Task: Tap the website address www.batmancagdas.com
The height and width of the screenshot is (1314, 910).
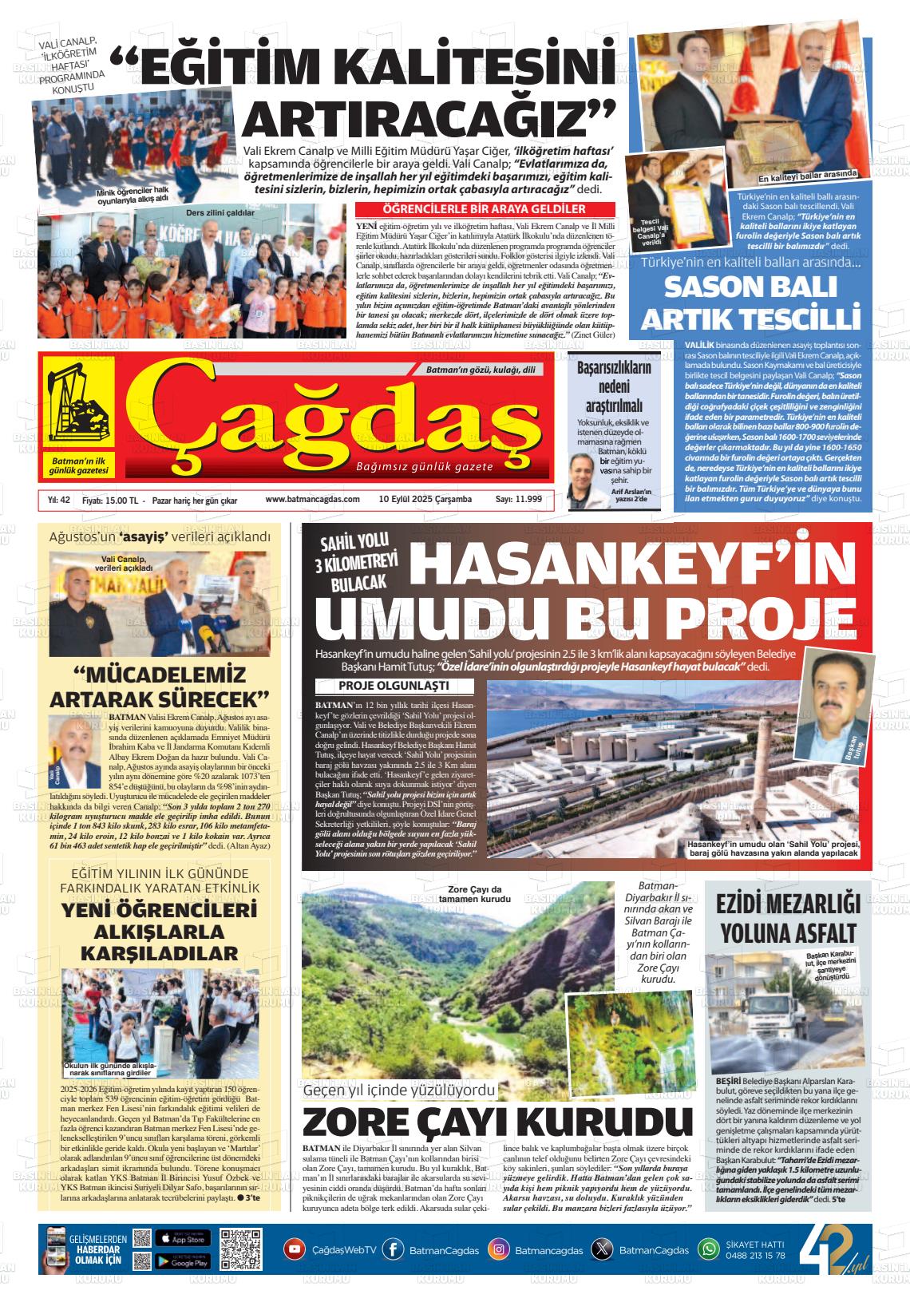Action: coord(312,500)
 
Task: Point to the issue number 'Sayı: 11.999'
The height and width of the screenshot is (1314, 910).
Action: coord(519,500)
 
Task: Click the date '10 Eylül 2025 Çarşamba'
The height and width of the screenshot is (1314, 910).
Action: coord(425,500)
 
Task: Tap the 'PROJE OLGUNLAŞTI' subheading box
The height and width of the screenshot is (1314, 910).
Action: coord(394,686)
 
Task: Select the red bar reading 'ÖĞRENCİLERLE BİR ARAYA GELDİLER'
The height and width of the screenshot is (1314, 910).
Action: coord(485,209)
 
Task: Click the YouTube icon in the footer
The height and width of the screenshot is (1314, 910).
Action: coord(295,1249)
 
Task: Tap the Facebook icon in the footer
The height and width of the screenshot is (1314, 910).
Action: coord(393,1249)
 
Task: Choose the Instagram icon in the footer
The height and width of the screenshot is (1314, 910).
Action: coord(499,1249)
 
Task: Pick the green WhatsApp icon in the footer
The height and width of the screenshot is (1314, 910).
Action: coord(708,1249)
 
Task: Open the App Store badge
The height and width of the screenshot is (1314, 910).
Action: coord(183,1238)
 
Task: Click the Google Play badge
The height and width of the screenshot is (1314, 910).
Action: coord(183,1261)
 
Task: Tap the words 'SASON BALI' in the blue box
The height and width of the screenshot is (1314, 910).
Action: coord(750,287)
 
